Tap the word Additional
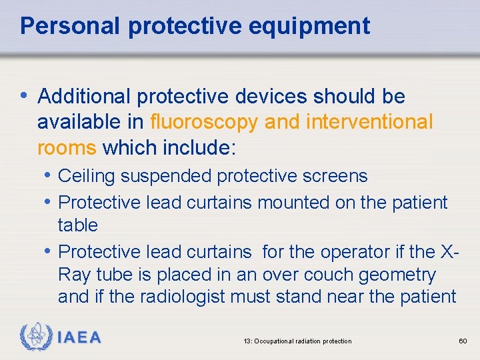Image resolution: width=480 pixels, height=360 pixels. click(85, 97)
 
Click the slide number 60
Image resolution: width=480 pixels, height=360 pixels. click(463, 341)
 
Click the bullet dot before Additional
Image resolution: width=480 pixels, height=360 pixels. click(25, 96)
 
